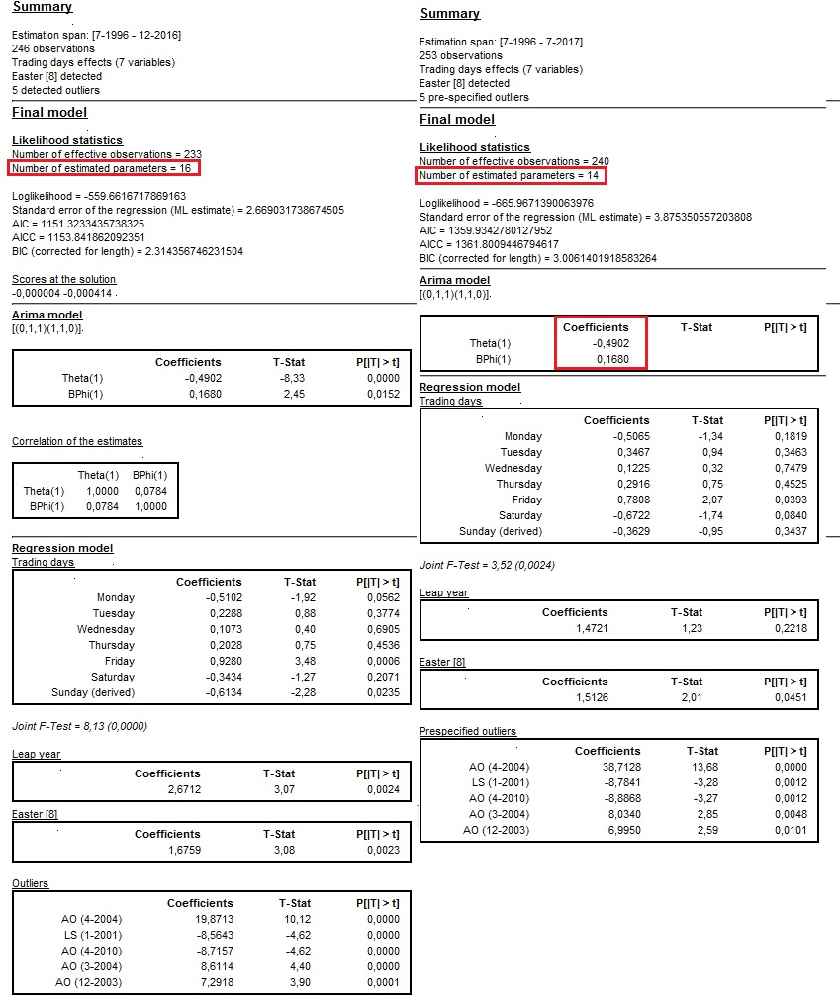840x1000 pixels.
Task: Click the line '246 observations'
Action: [53, 48]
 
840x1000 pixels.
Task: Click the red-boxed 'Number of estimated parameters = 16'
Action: [104, 168]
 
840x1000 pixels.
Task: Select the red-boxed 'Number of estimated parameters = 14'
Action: [512, 175]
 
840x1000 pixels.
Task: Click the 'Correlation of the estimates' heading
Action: [77, 441]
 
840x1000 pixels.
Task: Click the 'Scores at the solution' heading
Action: [63, 279]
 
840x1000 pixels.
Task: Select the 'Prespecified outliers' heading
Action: [468, 731]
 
